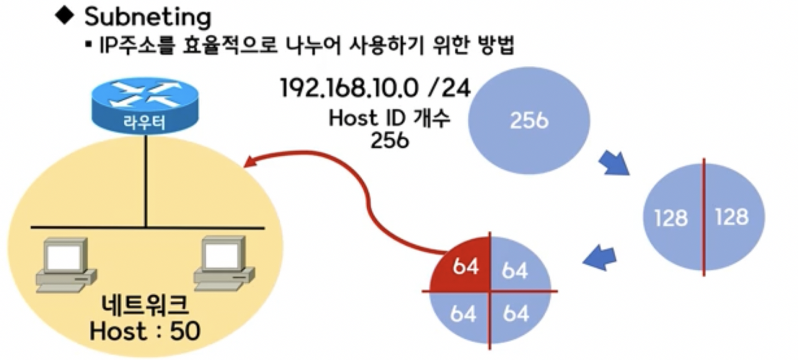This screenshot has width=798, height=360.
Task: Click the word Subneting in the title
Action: coord(148,17)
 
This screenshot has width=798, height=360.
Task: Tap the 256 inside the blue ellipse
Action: coord(528,120)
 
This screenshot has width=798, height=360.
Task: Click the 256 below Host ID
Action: coord(390,140)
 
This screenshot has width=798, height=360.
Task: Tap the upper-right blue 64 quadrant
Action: coord(515,270)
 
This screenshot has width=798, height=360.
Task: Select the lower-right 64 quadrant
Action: coord(515,314)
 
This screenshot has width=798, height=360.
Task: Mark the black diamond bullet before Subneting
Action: coord(65,16)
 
